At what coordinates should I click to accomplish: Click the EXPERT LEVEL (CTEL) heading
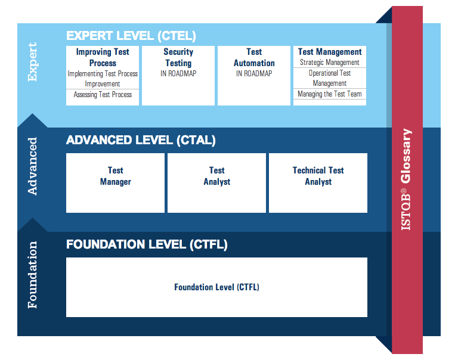(x=131, y=36)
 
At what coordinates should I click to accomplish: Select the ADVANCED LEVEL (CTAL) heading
(x=141, y=140)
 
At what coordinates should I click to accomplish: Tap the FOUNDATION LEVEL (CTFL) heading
(x=147, y=244)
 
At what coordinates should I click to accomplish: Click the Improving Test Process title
(x=103, y=57)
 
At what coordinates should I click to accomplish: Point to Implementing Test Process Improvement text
(x=103, y=79)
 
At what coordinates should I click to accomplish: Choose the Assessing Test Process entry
(x=103, y=95)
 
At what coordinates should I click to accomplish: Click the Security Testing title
(x=178, y=57)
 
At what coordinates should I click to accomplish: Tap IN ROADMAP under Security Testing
(x=178, y=73)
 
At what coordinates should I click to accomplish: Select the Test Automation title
(x=254, y=57)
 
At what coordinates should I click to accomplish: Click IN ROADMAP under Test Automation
(x=254, y=73)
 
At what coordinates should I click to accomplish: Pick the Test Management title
(x=330, y=52)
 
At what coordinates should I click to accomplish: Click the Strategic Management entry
(x=329, y=62)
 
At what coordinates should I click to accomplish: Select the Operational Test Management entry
(x=329, y=78)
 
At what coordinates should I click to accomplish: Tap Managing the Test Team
(x=329, y=94)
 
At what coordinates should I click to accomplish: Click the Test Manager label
(x=115, y=176)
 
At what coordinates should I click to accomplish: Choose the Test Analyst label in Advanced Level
(x=216, y=176)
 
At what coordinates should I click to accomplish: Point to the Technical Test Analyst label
(x=318, y=176)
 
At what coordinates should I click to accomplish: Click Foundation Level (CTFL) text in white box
(x=216, y=287)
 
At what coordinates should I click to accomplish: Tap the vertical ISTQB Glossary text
(x=406, y=179)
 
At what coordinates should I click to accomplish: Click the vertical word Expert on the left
(x=32, y=62)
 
